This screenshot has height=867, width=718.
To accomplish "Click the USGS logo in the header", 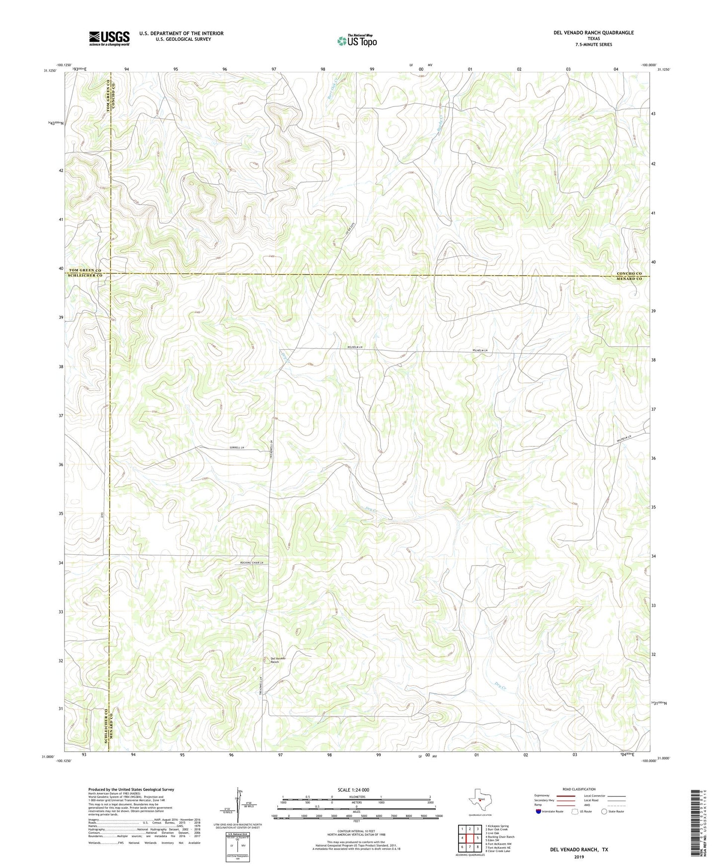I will (109, 38).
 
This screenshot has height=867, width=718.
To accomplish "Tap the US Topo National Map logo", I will (357, 41).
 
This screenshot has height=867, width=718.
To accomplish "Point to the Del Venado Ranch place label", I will (278, 660).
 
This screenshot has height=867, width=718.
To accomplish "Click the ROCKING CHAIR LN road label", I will (252, 563).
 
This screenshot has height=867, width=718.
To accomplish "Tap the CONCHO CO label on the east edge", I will (630, 274).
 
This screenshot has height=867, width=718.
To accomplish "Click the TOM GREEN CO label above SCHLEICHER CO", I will (85, 270).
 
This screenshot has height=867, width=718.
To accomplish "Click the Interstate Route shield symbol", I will (539, 811).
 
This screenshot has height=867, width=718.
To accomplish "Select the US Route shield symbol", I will (575, 811).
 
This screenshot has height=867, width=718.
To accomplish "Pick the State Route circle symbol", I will (604, 811).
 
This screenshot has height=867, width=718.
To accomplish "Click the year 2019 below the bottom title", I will (579, 857).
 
